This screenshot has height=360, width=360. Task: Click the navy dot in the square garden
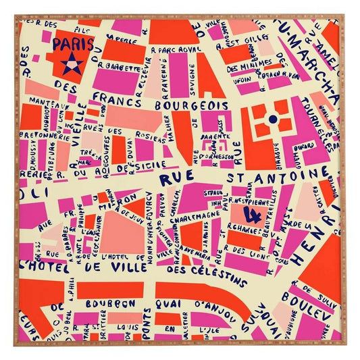tap(272, 119)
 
